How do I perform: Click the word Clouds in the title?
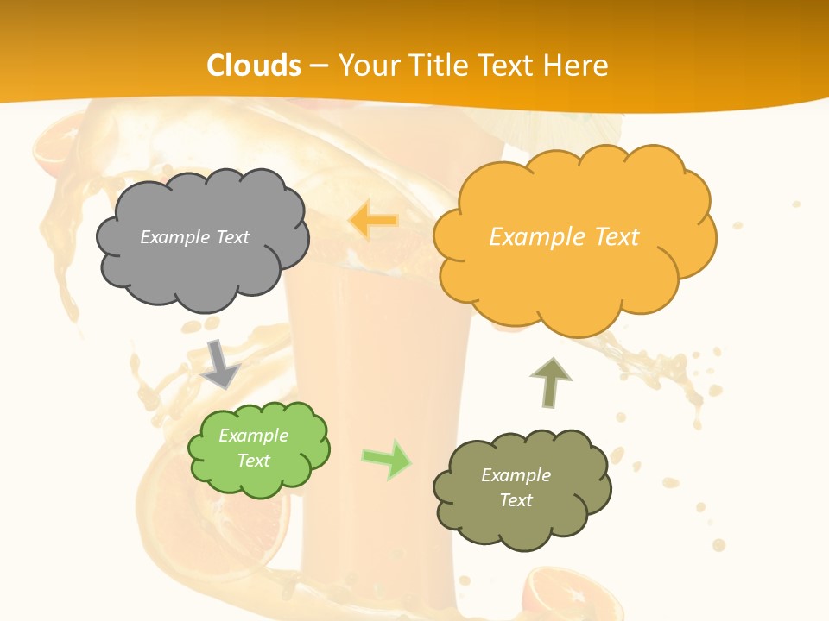pos(254,66)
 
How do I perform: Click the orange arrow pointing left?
pos(372,221)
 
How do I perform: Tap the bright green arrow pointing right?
pos(387,459)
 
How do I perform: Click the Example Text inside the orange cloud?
pos(564,237)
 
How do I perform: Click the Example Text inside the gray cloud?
pos(194,237)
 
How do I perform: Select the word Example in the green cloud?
pos(253,436)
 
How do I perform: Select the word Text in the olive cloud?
pos(516,500)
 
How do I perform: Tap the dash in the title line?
pos(319,66)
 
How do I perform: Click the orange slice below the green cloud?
pos(259,526)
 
